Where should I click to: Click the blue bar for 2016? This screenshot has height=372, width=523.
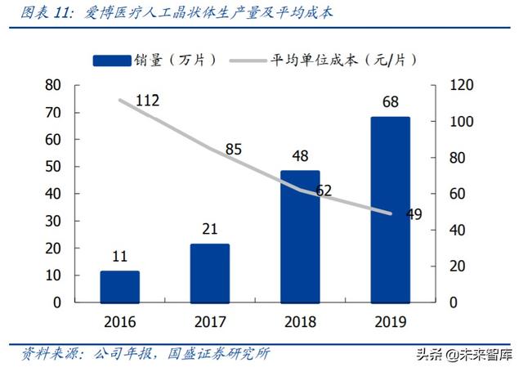click(x=120, y=287)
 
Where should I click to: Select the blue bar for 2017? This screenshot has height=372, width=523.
click(x=210, y=273)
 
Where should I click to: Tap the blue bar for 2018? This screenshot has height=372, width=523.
click(x=300, y=236)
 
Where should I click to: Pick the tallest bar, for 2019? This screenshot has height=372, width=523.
click(x=390, y=209)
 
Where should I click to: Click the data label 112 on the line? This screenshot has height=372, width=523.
click(x=146, y=101)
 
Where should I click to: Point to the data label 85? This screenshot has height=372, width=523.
click(x=233, y=150)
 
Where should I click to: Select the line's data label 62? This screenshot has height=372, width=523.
click(x=323, y=191)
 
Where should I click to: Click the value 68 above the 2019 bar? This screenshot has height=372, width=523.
click(x=391, y=102)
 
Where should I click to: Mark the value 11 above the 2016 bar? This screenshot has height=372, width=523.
click(x=120, y=257)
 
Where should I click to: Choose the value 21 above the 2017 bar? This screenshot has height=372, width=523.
click(x=210, y=229)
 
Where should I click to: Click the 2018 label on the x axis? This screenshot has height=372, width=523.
click(x=300, y=320)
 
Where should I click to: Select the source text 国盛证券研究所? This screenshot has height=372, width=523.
click(x=220, y=353)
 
